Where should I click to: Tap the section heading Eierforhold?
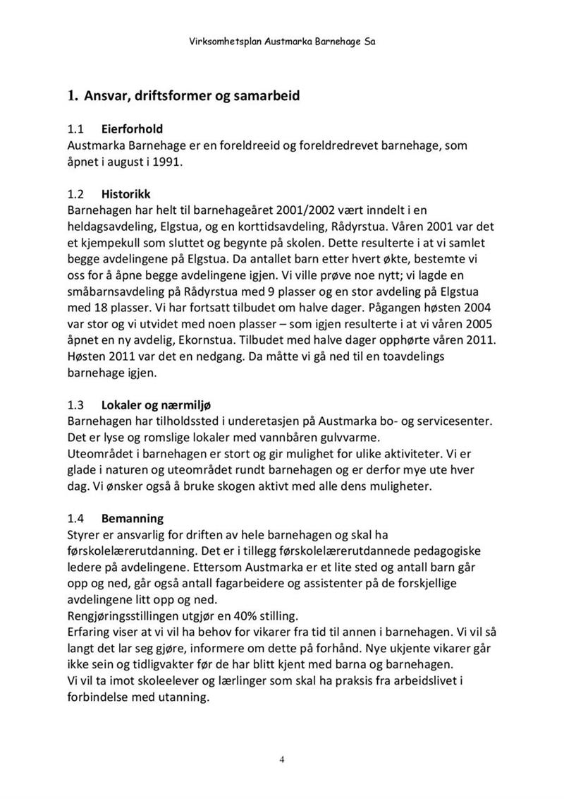tap(132, 129)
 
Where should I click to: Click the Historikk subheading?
tap(125, 194)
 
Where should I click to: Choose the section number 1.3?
tap(75, 405)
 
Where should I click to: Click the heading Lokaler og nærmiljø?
tap(157, 405)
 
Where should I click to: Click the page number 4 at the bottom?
tap(282, 760)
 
